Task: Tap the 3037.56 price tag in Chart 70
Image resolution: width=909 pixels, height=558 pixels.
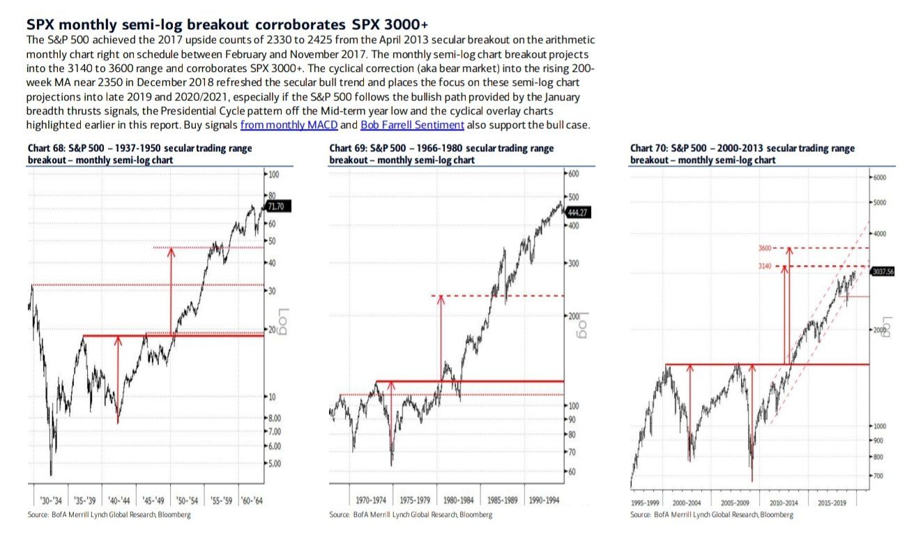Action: click(883, 273)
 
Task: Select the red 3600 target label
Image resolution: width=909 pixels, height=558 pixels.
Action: click(765, 248)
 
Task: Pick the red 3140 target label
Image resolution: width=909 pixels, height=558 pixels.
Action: click(765, 266)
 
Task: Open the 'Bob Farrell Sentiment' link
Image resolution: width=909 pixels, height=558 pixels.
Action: click(412, 126)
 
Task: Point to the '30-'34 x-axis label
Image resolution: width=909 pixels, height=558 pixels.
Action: click(48, 500)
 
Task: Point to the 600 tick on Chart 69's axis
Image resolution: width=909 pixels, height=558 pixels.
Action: click(574, 174)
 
